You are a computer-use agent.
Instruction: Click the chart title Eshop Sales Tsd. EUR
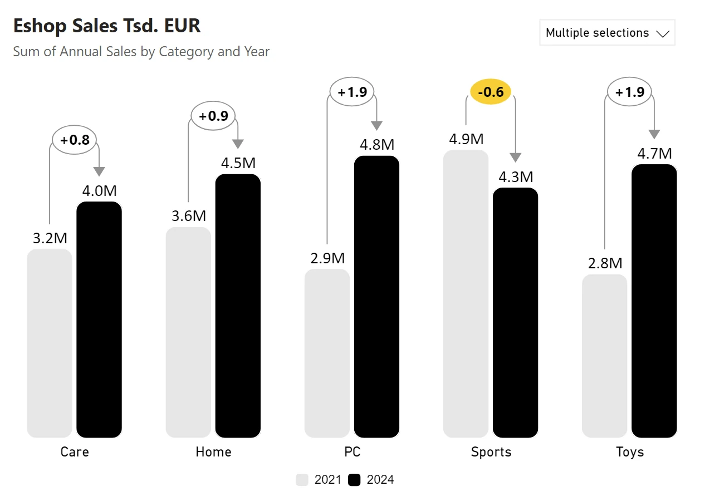[x=106, y=26]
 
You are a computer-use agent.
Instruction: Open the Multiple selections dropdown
[x=606, y=33]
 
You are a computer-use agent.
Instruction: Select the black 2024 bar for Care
[x=99, y=320]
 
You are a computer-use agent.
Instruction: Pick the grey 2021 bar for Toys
[x=604, y=356]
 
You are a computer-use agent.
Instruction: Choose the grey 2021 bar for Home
[x=188, y=332]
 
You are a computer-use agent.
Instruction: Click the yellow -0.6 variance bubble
[x=491, y=92]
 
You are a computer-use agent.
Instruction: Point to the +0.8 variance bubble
[x=75, y=140]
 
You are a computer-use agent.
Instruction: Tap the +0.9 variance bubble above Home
[x=213, y=116]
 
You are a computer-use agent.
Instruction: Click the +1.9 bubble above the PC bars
[x=352, y=92]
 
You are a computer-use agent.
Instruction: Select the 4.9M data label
[x=466, y=139]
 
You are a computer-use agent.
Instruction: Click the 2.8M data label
[x=605, y=263]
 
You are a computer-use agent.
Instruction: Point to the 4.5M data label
[x=238, y=164]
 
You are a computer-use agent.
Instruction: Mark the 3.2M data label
[x=50, y=238]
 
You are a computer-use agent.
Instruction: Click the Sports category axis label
[x=491, y=451]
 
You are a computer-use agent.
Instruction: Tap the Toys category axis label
[x=630, y=451]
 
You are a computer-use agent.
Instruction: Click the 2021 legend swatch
[x=302, y=480]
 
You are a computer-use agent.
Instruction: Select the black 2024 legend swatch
[x=354, y=480]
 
